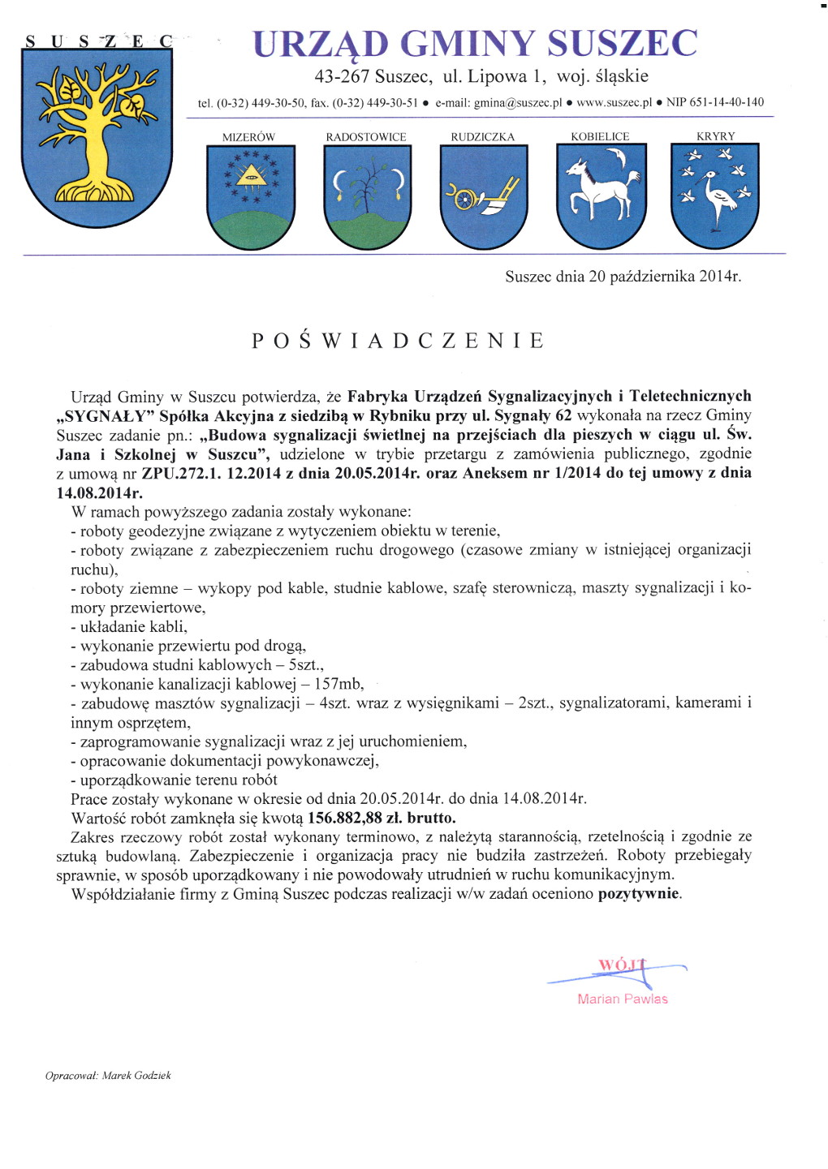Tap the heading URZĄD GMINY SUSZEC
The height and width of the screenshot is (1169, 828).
click(x=475, y=44)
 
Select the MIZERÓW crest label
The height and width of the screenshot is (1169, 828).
click(x=248, y=137)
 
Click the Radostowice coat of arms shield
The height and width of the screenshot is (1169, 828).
click(x=367, y=196)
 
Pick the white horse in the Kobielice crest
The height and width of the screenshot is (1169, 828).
click(x=600, y=191)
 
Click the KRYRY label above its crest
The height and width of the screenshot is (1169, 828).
click(x=715, y=136)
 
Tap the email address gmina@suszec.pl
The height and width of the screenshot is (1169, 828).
click(x=518, y=103)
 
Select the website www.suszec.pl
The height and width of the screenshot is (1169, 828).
click(x=614, y=103)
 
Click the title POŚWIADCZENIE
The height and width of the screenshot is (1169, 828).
click(x=398, y=341)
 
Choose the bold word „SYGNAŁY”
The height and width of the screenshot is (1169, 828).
click(x=106, y=416)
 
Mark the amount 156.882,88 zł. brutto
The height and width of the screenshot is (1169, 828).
click(x=382, y=818)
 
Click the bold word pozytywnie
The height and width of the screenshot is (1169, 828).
click(x=639, y=894)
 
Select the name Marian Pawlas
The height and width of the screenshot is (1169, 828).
click(x=623, y=999)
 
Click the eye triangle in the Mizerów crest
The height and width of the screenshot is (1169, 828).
click(x=251, y=174)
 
